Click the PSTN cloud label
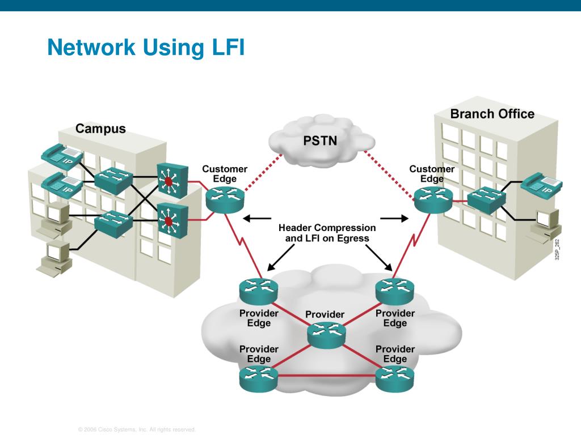tap(320, 140)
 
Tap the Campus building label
tap(100, 129)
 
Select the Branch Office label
tap(492, 113)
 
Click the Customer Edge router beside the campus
tap(225, 200)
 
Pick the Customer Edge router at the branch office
tap(433, 200)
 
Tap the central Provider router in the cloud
tap(326, 335)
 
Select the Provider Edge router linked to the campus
tap(259, 291)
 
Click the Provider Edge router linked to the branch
tap(395, 291)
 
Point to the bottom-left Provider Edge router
tap(259, 378)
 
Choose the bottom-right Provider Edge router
tap(395, 378)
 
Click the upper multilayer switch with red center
tap(172, 180)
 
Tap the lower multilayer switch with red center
tap(172, 220)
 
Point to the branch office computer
tap(544, 225)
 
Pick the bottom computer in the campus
tap(55, 258)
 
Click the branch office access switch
tap(486, 200)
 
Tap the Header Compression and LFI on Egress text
tap(327, 233)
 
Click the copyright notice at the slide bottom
tap(137, 429)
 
